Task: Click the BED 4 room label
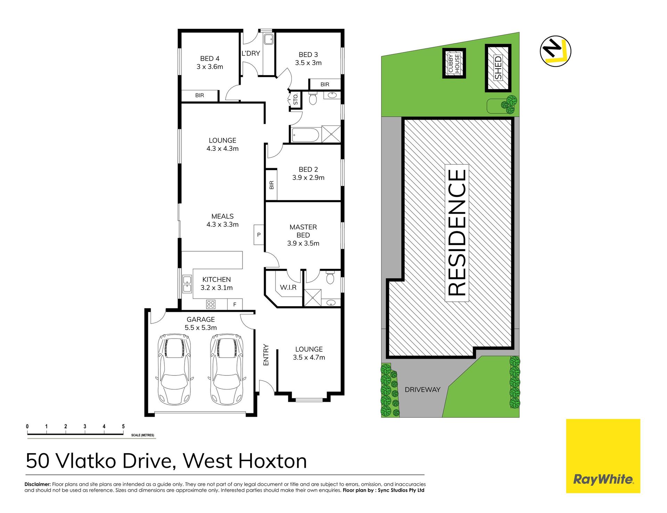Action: click(x=209, y=59)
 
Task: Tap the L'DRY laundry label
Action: click(x=251, y=53)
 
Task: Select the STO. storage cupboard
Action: click(x=295, y=100)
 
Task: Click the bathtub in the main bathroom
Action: click(x=305, y=135)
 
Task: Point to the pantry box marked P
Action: click(x=259, y=235)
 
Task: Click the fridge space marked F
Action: click(x=235, y=304)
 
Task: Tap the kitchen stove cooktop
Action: click(x=211, y=304)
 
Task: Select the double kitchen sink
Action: click(x=187, y=284)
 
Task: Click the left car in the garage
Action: click(x=174, y=369)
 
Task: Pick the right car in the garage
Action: click(x=227, y=369)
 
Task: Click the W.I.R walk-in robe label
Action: click(x=288, y=287)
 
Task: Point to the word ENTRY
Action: click(x=266, y=355)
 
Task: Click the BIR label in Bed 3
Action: click(x=325, y=84)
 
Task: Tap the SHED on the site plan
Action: click(x=498, y=68)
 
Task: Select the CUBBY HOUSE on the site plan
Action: click(x=454, y=63)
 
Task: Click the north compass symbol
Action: click(x=555, y=51)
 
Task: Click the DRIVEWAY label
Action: click(x=422, y=390)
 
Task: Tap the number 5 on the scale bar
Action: click(x=123, y=426)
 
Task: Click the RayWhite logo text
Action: click(x=603, y=480)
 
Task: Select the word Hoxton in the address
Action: click(x=273, y=461)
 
